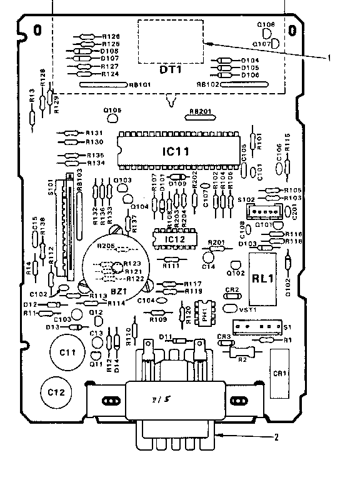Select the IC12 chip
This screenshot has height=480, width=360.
pos(172,239)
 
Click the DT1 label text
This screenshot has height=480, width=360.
pos(170,71)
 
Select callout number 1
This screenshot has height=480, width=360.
pos(329,57)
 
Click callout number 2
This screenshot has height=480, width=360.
pos(276,437)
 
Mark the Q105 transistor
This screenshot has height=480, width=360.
pos(112,113)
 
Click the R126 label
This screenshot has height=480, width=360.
pos(110,37)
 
